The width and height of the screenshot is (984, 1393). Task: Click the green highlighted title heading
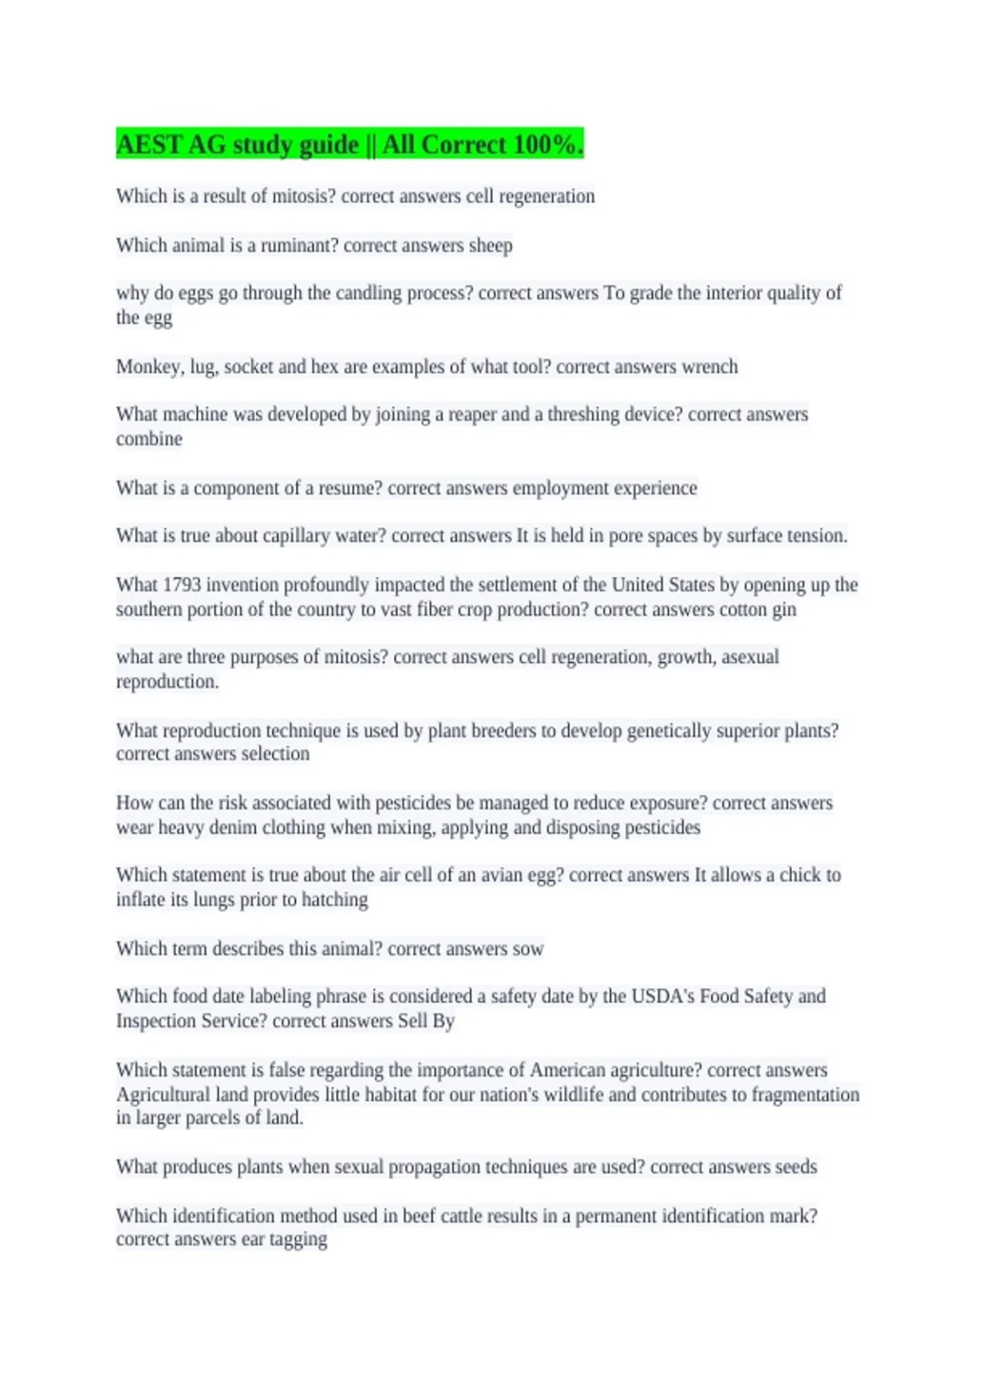pos(349,144)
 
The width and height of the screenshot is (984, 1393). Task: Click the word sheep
pos(490,245)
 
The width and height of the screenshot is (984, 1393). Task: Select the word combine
pos(149,438)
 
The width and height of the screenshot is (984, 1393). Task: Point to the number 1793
pos(181,584)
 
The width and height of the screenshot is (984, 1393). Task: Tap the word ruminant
pos(298,245)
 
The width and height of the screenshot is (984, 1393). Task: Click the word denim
pos(233,827)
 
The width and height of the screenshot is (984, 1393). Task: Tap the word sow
pos(528,948)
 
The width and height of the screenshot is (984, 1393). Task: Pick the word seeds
pos(796,1166)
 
